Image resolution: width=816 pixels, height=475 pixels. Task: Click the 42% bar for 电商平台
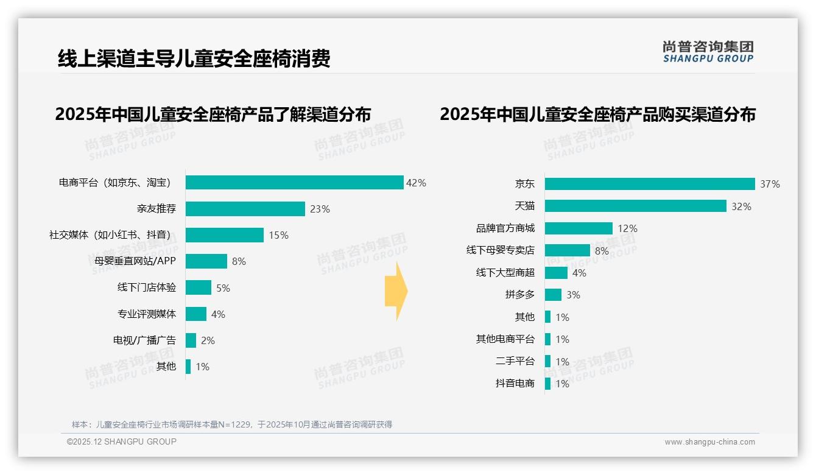click(x=294, y=183)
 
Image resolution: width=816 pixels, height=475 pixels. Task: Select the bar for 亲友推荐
click(x=245, y=209)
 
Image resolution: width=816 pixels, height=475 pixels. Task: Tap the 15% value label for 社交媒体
click(x=278, y=236)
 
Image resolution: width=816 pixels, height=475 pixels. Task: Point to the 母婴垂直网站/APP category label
click(x=131, y=261)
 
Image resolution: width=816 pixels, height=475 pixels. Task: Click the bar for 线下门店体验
click(x=198, y=287)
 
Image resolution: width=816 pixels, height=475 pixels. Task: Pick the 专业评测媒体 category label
click(x=146, y=314)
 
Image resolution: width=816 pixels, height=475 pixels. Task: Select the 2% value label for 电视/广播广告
click(x=208, y=340)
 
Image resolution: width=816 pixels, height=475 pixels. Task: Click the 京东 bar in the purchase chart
click(x=649, y=184)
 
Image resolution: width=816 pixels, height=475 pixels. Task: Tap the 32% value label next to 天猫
click(x=741, y=206)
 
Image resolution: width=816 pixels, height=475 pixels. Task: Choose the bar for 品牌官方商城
click(x=578, y=228)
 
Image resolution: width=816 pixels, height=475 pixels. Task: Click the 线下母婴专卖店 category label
click(x=500, y=250)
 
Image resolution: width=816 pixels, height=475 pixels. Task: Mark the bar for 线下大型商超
click(x=555, y=273)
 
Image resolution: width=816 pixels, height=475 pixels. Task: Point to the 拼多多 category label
click(x=519, y=295)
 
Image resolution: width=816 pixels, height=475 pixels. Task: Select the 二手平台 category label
click(x=515, y=361)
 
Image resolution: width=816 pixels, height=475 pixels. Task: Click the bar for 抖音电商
click(x=547, y=384)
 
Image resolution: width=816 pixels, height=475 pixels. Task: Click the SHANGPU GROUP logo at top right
click(x=708, y=52)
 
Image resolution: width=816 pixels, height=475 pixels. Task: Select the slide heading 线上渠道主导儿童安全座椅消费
click(x=194, y=58)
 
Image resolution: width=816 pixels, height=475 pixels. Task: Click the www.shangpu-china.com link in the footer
click(x=709, y=442)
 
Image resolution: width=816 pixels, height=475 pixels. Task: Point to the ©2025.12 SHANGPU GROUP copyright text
click(x=122, y=442)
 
